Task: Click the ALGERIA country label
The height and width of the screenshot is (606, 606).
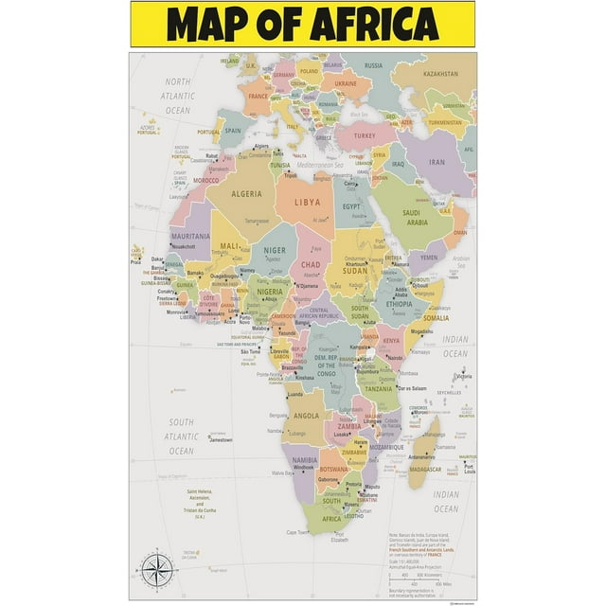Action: [246, 194]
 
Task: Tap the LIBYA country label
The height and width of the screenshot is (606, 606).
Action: [308, 203]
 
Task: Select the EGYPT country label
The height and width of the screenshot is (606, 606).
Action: [351, 205]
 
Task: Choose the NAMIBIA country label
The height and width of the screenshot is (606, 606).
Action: [303, 459]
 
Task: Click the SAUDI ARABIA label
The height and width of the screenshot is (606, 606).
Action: [417, 218]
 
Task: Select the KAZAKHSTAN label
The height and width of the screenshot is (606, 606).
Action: [440, 73]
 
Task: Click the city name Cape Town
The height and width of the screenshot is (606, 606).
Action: [296, 532]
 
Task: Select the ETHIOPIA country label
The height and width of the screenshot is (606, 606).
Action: [398, 305]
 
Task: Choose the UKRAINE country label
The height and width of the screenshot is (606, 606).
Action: [346, 83]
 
